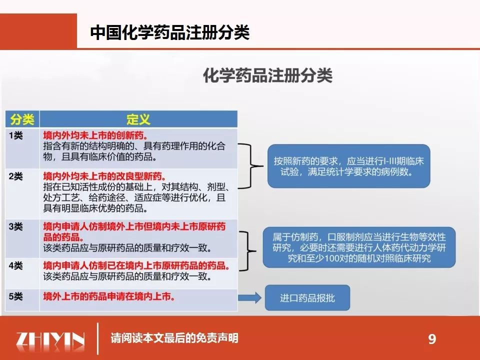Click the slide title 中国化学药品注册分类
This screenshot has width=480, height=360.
click(170, 32)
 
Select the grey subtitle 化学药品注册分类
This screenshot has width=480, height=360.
click(268, 75)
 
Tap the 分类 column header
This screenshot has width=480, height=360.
click(22, 119)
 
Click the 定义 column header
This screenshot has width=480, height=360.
click(138, 119)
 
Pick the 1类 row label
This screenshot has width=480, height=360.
click(15, 135)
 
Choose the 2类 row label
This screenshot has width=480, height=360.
click(15, 176)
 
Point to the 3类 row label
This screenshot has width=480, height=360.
click(15, 226)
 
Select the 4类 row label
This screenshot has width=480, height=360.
click(15, 265)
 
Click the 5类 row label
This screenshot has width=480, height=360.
click(15, 296)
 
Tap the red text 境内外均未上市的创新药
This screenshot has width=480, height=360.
click(95, 135)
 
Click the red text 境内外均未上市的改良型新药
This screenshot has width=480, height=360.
click(105, 176)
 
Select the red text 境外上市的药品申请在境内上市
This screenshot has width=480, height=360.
click(109, 296)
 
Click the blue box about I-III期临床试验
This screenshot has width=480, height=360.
click(348, 166)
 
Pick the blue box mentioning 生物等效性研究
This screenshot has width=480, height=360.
click(359, 247)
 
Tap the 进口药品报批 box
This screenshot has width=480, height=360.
click(307, 297)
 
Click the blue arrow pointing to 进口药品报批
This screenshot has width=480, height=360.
click(249, 297)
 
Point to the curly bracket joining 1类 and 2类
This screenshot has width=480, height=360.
click(251, 166)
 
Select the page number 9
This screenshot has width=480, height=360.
click(432, 339)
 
